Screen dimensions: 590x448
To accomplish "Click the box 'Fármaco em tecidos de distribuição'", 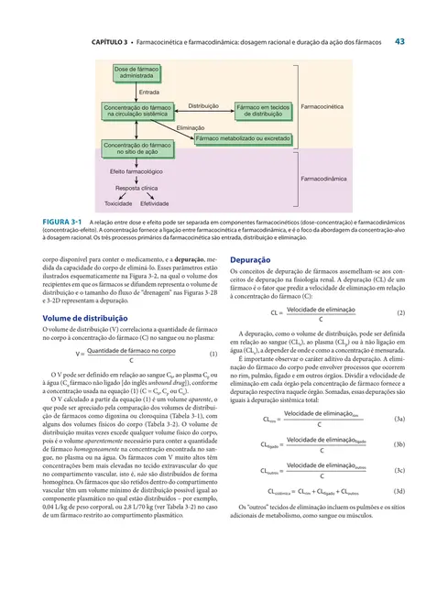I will (x=263, y=110).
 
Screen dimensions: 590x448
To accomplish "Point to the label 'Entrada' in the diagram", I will (x=149, y=92).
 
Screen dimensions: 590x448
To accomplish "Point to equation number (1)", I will (x=213, y=354).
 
